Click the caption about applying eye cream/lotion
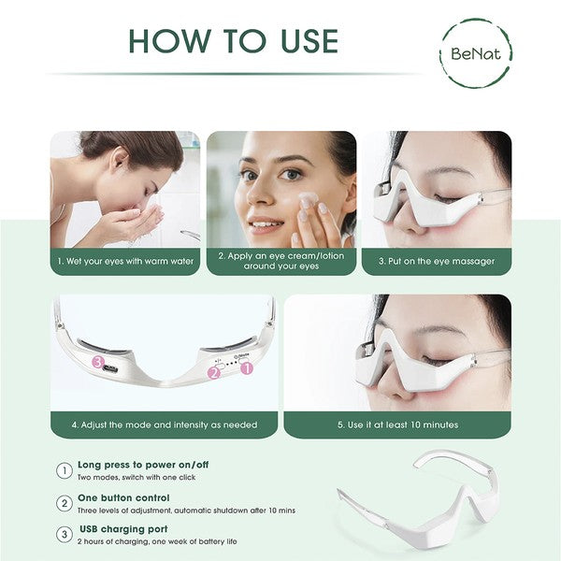click(280, 261)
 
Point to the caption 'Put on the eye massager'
click(437, 261)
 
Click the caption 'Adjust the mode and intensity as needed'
click(164, 424)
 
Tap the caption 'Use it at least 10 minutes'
click(397, 424)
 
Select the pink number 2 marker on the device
click(214, 372)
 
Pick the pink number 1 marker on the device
click(247, 368)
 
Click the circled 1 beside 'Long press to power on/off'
click(64, 470)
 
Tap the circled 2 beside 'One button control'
click(64, 503)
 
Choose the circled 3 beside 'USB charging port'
click(64, 535)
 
